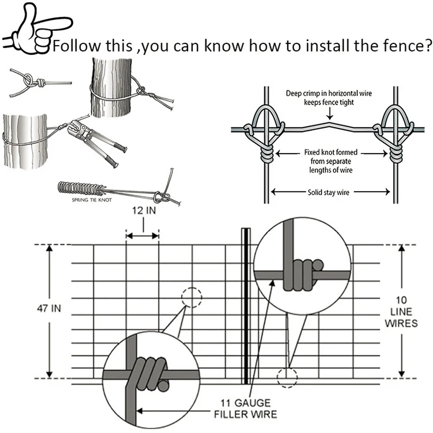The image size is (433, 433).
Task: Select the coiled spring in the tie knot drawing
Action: [81, 189]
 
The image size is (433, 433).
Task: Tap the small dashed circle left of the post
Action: [192, 298]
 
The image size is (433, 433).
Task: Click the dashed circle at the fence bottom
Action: [287, 377]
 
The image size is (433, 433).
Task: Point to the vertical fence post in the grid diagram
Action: [245, 306]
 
